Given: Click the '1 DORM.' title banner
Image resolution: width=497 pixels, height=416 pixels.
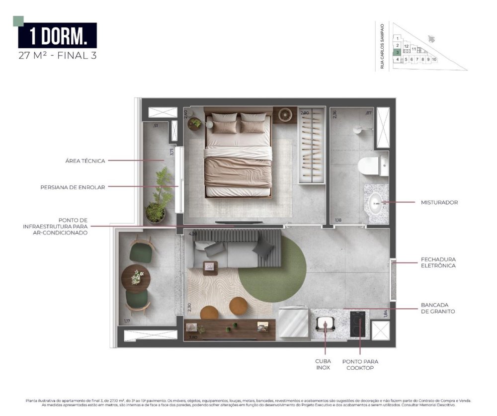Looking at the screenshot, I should [x=58, y=36].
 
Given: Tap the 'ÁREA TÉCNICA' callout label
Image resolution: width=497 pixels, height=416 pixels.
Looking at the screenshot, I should [x=85, y=161].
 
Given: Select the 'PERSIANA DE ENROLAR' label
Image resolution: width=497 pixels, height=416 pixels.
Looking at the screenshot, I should [x=73, y=187].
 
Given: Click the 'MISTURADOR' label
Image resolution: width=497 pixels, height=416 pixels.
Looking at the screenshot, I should [x=439, y=202].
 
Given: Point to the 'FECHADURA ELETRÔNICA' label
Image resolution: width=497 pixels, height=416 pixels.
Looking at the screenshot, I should [x=438, y=262].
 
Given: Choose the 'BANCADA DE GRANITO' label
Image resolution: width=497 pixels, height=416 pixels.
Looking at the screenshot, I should [x=438, y=308].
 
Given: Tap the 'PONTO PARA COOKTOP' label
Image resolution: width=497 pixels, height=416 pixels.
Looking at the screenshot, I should [x=360, y=365].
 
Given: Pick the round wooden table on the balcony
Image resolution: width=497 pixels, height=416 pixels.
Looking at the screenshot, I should [x=136, y=278].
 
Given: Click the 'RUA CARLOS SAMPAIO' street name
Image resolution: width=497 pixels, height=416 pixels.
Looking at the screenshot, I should [x=382, y=46].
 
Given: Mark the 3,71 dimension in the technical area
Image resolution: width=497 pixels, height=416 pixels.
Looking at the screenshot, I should [x=172, y=152].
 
